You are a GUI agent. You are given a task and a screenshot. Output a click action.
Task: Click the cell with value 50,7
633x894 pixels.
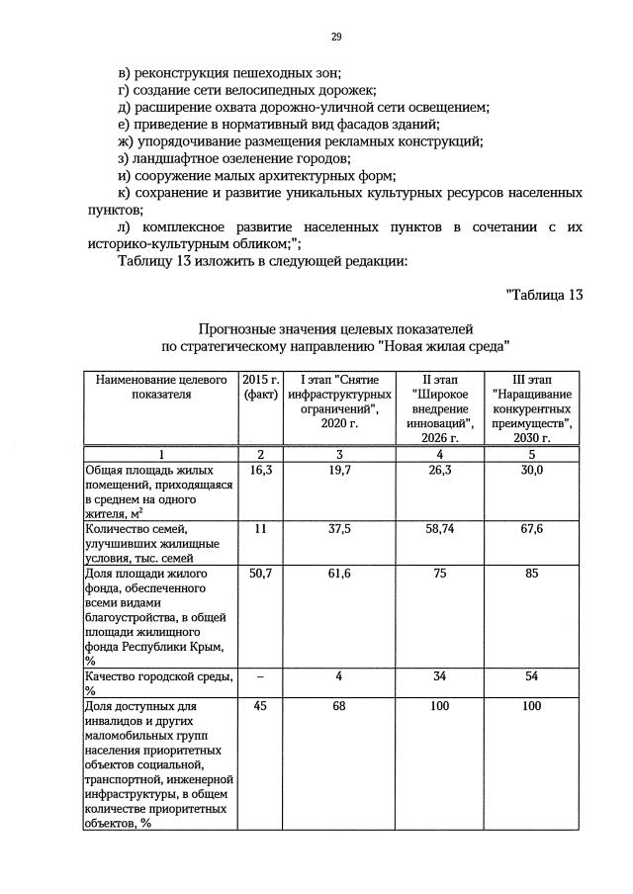tap(261, 575)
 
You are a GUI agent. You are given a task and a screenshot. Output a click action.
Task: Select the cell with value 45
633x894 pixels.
tap(261, 706)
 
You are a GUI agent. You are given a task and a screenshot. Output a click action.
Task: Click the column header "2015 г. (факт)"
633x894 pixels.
tap(261, 386)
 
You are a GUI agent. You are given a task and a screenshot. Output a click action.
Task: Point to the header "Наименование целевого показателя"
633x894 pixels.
tap(159, 386)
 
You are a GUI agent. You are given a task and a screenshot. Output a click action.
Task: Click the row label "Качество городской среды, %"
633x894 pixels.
tap(159, 683)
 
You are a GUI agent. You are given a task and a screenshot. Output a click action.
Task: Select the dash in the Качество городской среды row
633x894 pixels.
tap(261, 677)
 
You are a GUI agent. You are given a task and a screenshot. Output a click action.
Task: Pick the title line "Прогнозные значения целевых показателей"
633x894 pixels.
tap(336, 327)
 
